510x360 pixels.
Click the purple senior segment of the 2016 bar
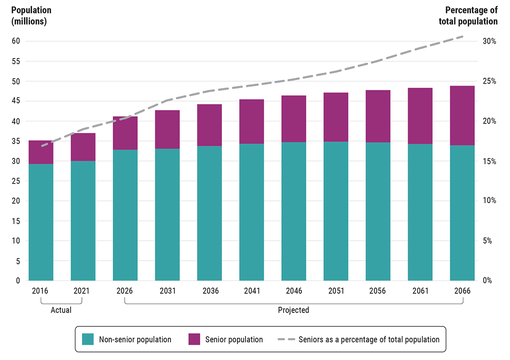click(41, 152)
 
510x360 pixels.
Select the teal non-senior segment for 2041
click(251, 212)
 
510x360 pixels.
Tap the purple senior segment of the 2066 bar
click(462, 115)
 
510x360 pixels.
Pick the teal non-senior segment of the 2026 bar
click(125, 215)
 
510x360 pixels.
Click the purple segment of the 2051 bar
click(336, 117)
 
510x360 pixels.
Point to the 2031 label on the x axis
click(167, 291)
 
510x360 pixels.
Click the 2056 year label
click(378, 291)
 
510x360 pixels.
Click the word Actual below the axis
click(61, 310)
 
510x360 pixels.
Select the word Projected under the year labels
click(293, 310)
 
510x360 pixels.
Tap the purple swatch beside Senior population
click(194, 339)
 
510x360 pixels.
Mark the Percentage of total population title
click(471, 15)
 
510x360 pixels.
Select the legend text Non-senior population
click(135, 339)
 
